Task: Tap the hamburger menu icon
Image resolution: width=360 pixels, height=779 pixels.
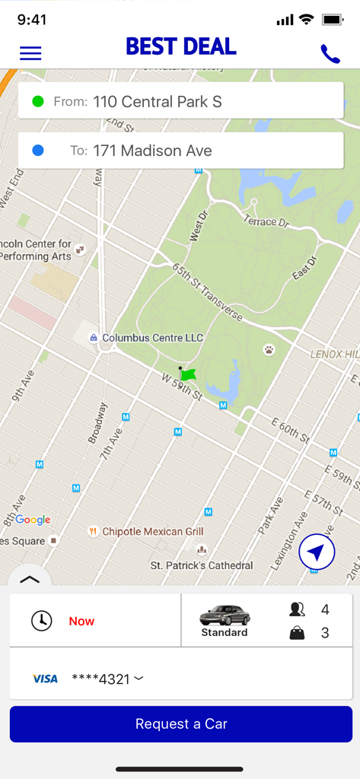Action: (30, 53)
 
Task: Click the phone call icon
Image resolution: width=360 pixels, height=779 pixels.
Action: (330, 53)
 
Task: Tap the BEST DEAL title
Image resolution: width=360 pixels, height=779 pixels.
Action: (181, 47)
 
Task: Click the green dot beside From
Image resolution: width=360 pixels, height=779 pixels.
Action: (38, 101)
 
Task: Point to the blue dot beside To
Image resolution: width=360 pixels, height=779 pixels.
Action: (38, 151)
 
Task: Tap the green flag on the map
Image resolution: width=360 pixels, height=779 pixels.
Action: (188, 374)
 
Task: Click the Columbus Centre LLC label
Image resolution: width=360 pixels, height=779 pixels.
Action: (152, 337)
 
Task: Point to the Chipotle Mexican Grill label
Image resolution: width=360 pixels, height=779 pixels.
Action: (152, 531)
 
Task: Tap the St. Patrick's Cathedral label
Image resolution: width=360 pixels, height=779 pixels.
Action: (201, 565)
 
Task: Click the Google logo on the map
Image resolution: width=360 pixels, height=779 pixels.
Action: (33, 520)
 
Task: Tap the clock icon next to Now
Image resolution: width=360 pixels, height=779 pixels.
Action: (41, 621)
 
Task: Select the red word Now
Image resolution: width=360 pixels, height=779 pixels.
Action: (81, 621)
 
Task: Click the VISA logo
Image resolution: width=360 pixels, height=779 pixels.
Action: (45, 679)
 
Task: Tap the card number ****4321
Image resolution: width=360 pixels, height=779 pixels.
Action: (101, 679)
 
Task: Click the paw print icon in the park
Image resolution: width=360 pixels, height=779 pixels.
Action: (269, 349)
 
